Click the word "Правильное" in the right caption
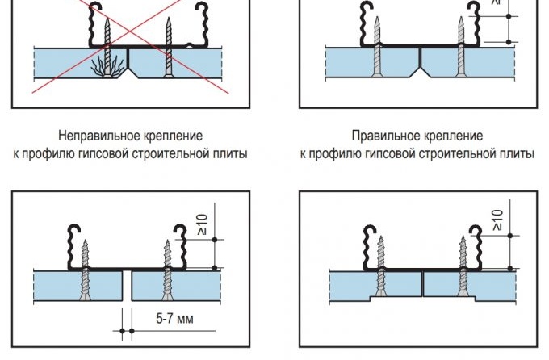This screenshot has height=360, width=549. coord(380,136)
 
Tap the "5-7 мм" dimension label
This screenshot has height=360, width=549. coord(173,318)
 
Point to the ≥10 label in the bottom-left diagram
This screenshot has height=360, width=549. coord(203,224)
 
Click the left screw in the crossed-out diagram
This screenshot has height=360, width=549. coord(106,44)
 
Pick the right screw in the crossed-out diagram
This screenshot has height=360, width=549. coord(168,48)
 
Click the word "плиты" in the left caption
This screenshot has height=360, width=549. coord(227,153)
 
